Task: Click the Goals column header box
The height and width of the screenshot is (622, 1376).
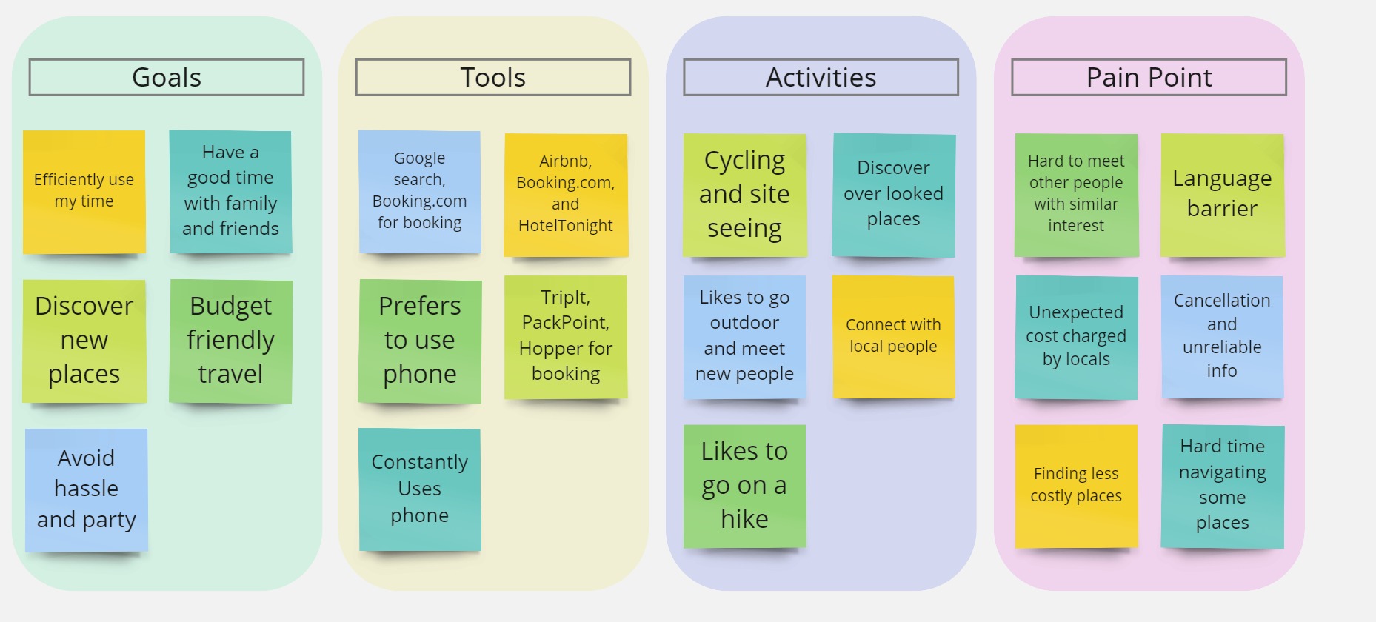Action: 167,77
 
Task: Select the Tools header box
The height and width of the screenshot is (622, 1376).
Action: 493,77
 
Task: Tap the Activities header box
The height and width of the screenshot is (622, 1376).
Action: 821,77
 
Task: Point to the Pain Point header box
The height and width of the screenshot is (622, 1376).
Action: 1149,77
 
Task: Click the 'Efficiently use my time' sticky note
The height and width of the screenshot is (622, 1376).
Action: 84,193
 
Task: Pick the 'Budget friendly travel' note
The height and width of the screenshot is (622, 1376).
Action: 230,341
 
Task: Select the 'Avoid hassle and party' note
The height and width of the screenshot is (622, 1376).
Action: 87,489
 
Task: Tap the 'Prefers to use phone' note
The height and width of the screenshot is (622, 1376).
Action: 420,341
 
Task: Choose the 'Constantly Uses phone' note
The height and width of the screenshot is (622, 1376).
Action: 420,489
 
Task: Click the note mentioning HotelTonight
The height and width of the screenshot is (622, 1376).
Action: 566,195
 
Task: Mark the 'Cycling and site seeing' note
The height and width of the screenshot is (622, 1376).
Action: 744,195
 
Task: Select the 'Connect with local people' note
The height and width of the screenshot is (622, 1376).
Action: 893,337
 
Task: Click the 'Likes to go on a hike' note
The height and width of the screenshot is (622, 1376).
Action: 744,486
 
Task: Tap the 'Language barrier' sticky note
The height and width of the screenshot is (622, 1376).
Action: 1223,195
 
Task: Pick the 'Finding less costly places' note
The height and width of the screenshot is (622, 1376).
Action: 1076,486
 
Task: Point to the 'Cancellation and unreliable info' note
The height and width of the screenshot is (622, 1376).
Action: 1222,337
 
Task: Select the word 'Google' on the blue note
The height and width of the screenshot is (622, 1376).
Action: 420,158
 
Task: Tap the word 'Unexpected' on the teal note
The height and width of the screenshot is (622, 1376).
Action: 1076,312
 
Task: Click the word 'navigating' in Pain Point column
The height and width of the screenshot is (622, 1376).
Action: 1223,472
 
